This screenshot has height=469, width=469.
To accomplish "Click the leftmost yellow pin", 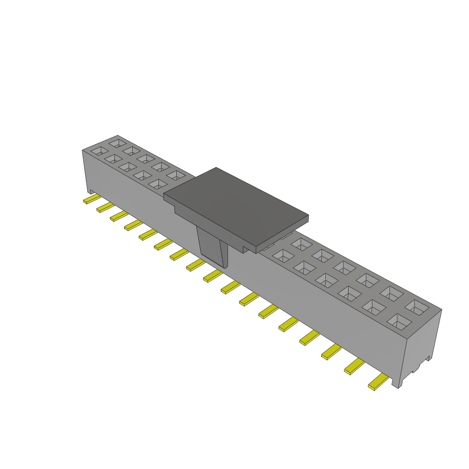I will (92, 199).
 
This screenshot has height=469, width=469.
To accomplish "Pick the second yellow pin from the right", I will (354, 366).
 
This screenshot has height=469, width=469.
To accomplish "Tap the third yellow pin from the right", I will (331, 352).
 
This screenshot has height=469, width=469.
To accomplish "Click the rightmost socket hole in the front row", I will (399, 322).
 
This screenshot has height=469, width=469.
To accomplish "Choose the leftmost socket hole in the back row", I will (117, 143).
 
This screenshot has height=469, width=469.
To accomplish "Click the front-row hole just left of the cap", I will (158, 184).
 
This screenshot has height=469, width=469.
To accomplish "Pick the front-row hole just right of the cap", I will (283, 256).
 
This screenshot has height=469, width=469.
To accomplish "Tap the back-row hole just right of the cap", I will (301, 244).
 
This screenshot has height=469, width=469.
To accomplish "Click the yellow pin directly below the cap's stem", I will (213, 276).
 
